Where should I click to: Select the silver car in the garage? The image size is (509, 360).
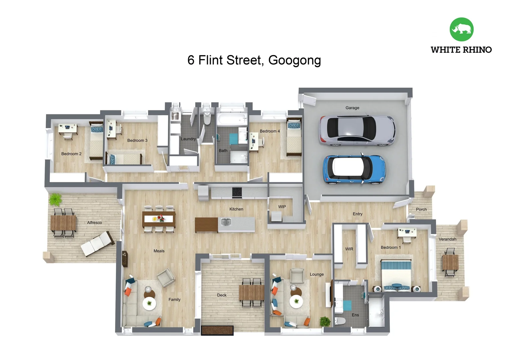pyautogui.click(x=357, y=130)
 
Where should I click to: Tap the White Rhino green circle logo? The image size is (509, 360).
pyautogui.click(x=461, y=29)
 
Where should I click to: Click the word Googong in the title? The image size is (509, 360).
pyautogui.click(x=294, y=60)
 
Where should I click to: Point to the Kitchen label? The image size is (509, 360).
pyautogui.click(x=236, y=209)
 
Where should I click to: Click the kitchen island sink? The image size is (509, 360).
pyautogui.click(x=226, y=222)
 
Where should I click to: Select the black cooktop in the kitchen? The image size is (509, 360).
pyautogui.click(x=237, y=192)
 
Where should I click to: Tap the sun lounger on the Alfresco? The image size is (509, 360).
pyautogui.click(x=97, y=244)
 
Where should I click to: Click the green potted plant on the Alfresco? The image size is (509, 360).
pyautogui.click(x=55, y=200)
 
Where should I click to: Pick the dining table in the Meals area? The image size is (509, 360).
pyautogui.click(x=159, y=219)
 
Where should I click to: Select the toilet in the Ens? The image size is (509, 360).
pyautogui.click(x=340, y=321)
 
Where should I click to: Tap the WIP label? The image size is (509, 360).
pyautogui.click(x=282, y=207)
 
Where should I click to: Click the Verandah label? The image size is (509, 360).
pyautogui.click(x=447, y=239)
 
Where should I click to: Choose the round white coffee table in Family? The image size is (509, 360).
pyautogui.click(x=149, y=303)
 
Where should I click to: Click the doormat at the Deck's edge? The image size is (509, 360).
pyautogui.click(x=217, y=330)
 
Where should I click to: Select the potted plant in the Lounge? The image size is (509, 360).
pyautogui.click(x=325, y=321)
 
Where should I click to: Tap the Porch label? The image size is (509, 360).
pyautogui.click(x=421, y=209)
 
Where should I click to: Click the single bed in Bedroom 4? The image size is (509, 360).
pyautogui.click(x=294, y=137)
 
